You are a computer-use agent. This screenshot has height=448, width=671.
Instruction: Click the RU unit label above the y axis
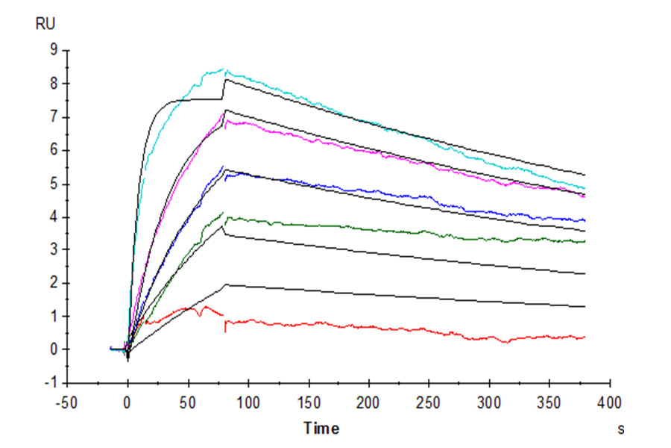click(45, 24)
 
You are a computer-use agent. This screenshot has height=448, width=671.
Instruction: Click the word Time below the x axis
click(321, 429)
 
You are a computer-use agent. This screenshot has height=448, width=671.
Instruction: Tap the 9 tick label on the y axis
click(54, 50)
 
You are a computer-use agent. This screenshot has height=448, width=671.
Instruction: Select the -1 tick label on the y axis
click(51, 382)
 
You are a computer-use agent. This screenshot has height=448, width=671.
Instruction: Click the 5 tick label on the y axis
click(54, 184)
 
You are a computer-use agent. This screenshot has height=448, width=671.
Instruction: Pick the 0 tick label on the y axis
click(54, 349)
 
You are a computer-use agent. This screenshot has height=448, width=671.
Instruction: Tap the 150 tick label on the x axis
click(309, 404)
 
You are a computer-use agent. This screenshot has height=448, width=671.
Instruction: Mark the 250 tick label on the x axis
click(429, 404)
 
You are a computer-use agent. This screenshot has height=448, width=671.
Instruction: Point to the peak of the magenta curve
click(224, 112)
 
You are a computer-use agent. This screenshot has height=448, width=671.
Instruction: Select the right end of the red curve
click(585, 337)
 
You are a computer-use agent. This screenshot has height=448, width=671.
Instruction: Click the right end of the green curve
click(585, 241)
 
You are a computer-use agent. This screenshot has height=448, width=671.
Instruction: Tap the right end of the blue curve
click(585, 220)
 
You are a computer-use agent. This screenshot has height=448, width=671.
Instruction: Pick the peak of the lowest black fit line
click(226, 284)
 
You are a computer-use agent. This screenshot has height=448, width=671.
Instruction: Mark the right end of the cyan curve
click(585, 188)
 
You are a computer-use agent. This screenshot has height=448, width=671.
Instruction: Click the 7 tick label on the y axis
click(54, 117)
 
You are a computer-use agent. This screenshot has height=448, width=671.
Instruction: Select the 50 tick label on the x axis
click(188, 404)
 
